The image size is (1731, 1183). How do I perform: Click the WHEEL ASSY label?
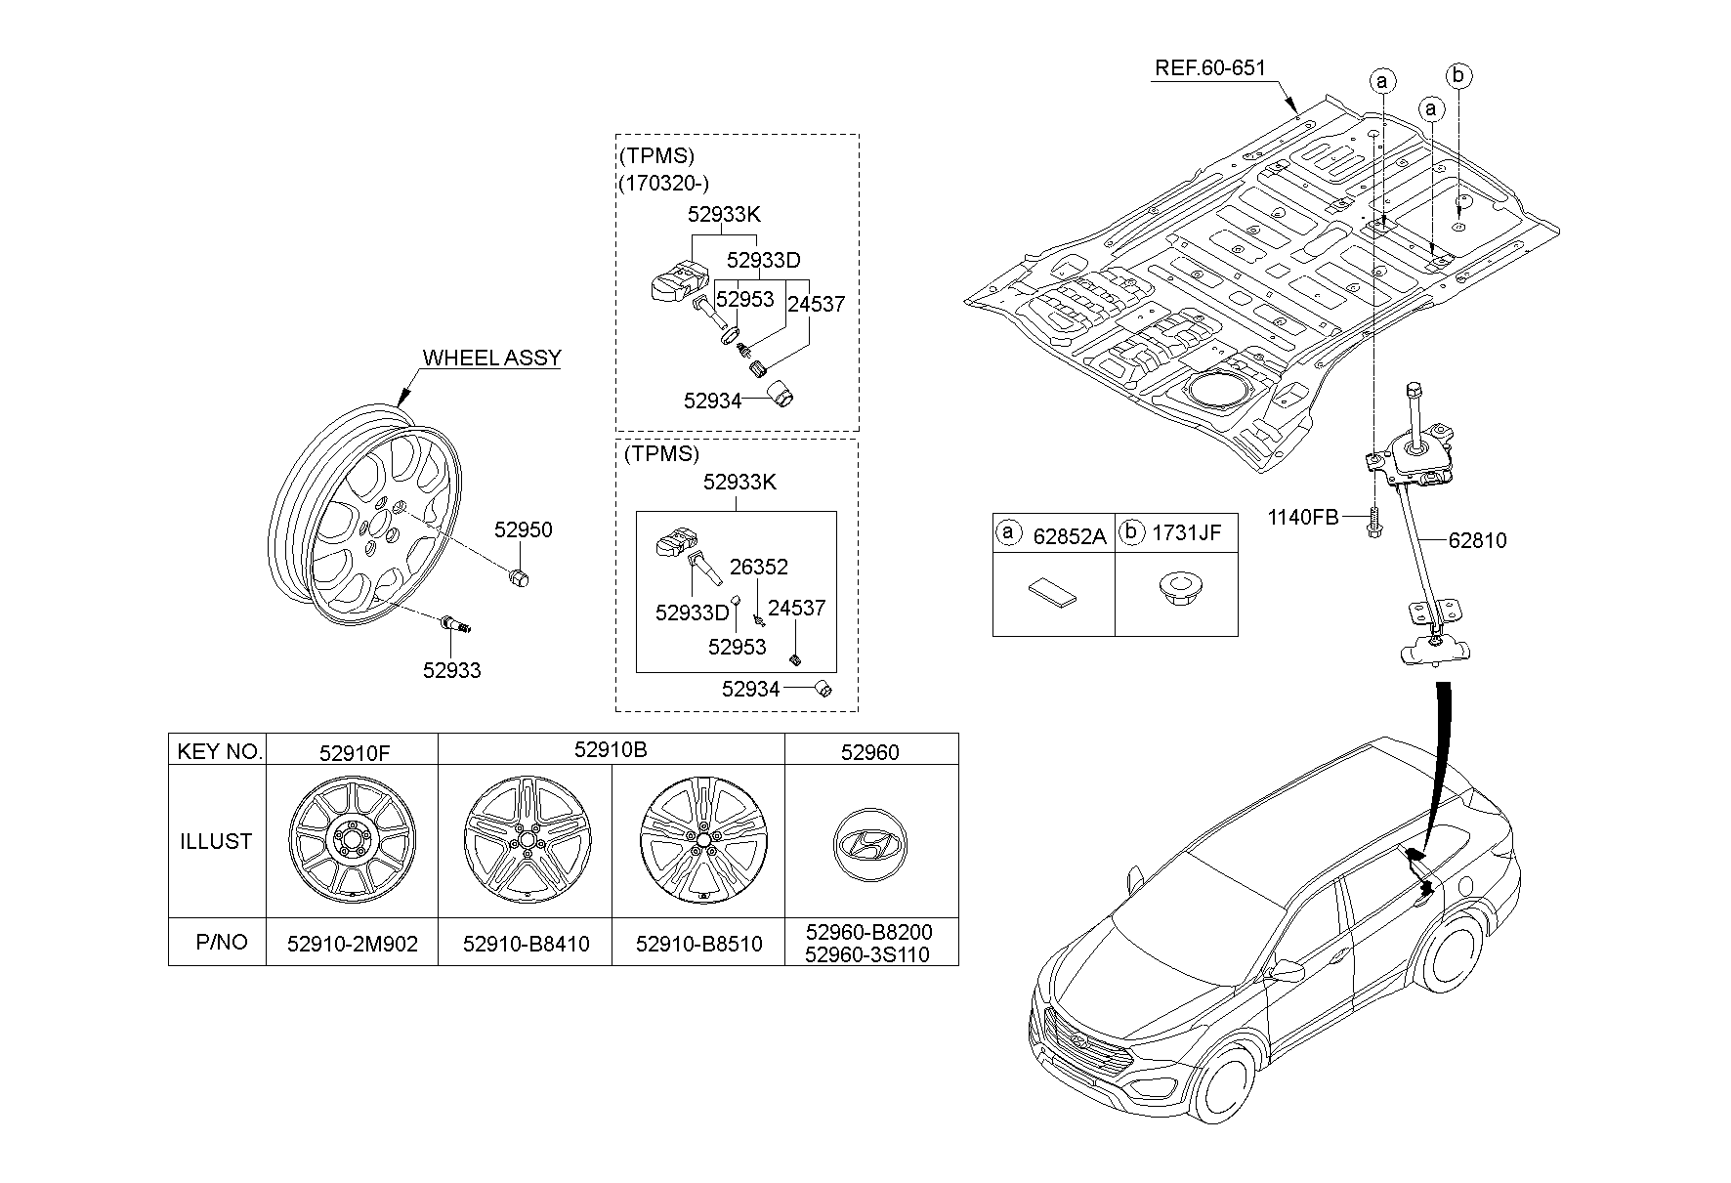point(491,358)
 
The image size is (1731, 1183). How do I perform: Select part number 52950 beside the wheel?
point(523,529)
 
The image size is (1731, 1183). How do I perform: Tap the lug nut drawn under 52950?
point(521,576)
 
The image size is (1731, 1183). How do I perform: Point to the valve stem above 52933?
point(454,622)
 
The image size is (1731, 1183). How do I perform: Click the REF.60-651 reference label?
point(1209,68)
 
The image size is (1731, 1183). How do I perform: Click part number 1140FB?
point(1303,517)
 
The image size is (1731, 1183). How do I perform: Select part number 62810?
point(1477,540)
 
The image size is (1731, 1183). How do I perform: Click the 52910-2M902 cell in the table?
point(352,944)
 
